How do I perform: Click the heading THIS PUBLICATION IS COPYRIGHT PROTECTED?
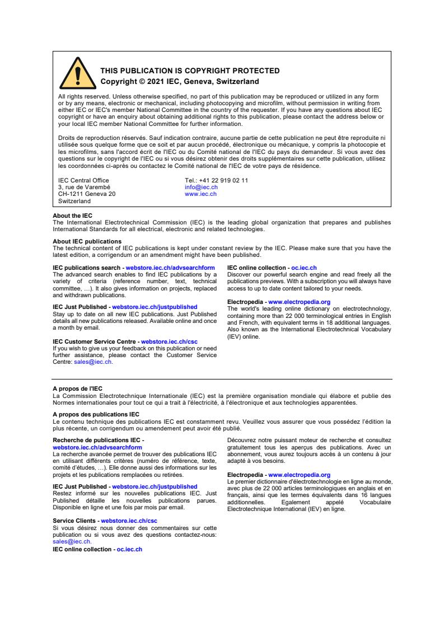(190, 71)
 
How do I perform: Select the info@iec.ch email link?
(201, 188)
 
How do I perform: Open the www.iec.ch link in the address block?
(200, 194)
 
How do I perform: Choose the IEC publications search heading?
(87, 268)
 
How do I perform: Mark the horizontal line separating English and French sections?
(222, 379)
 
